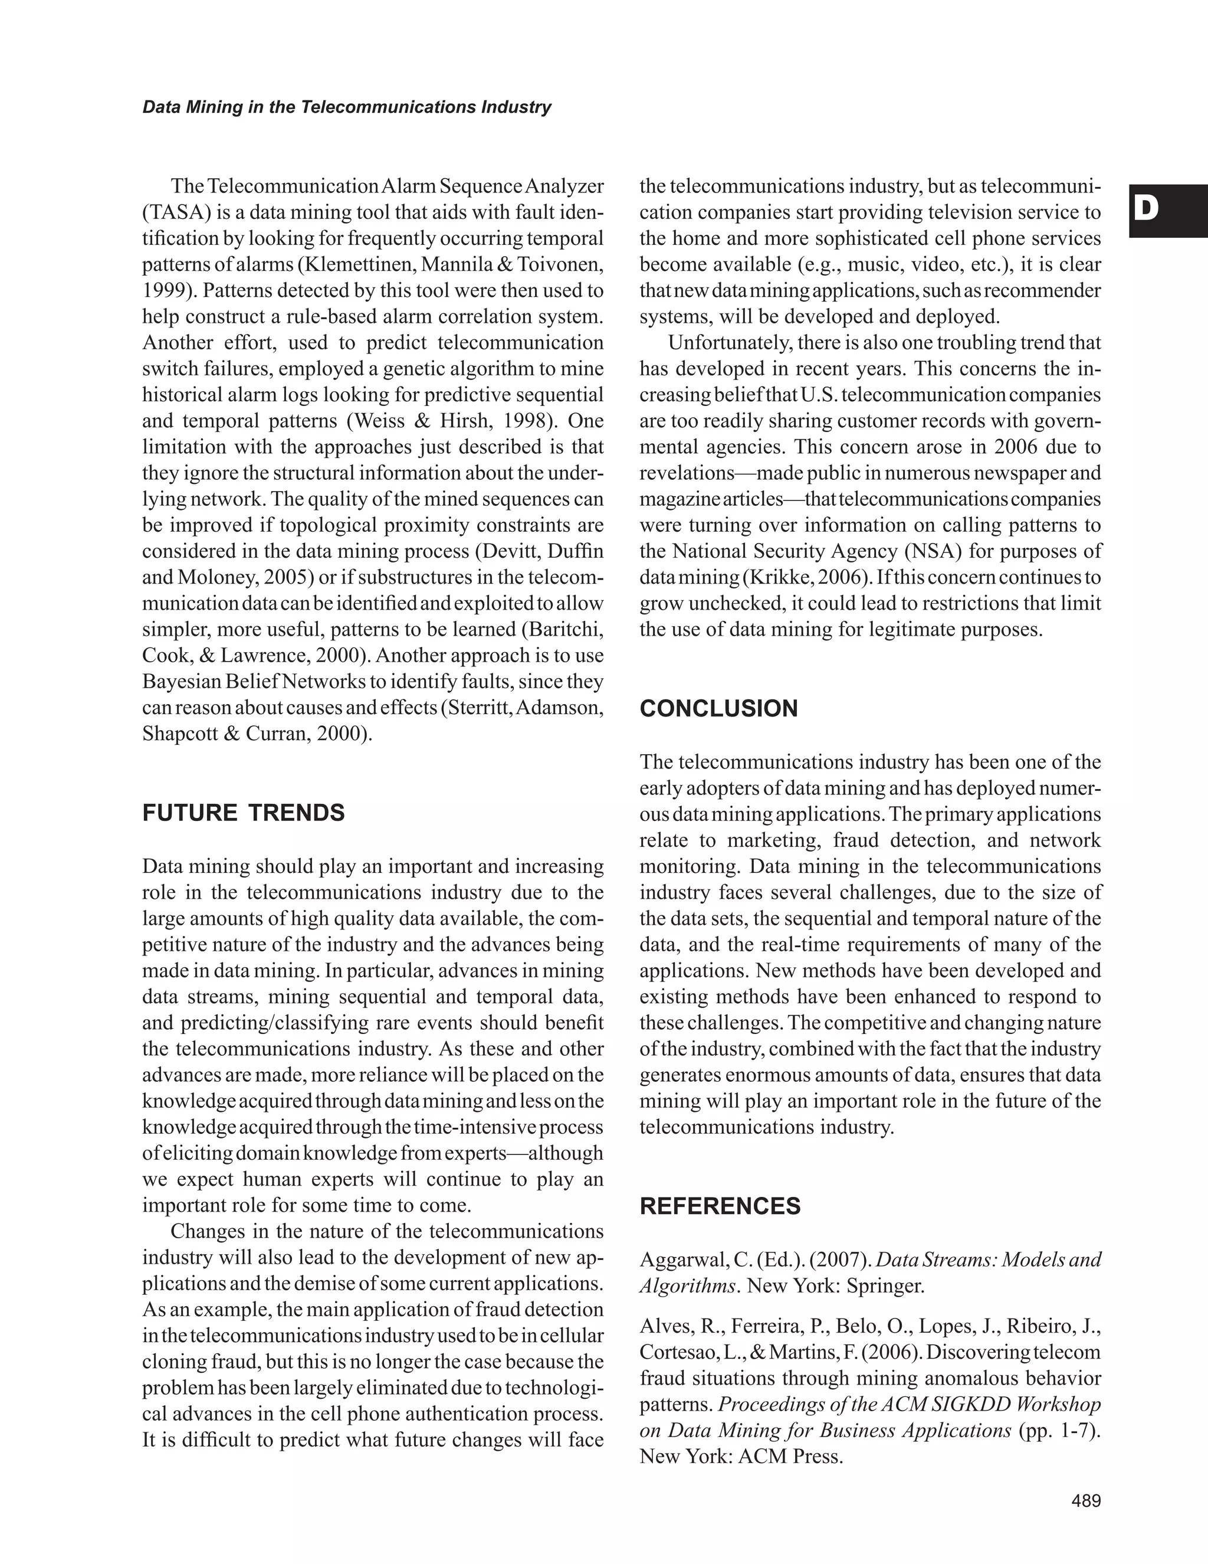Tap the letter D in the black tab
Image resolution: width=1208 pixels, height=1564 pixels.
(1147, 209)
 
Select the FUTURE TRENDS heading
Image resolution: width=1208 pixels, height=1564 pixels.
(244, 813)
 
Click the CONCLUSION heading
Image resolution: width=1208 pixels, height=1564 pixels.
(718, 708)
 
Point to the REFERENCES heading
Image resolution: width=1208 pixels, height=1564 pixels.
(720, 1206)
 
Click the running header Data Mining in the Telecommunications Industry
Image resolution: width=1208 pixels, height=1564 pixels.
(347, 107)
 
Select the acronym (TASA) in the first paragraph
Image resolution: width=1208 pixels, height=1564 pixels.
(172, 212)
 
